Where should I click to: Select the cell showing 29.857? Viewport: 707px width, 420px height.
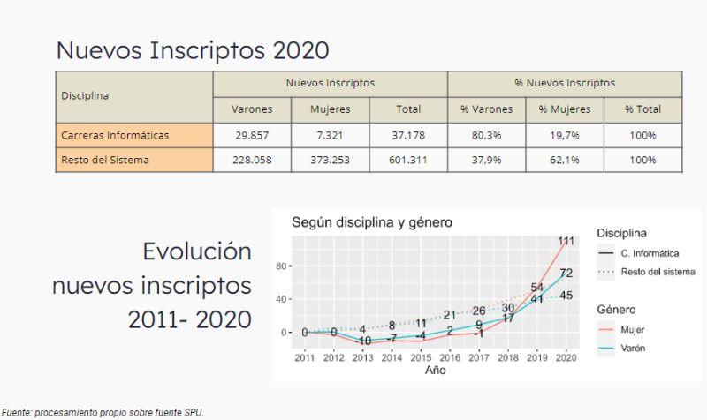point(252,135)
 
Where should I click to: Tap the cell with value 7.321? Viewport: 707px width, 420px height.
point(331,135)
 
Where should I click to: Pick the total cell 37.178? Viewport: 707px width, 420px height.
point(408,135)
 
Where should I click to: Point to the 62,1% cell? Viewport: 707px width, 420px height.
point(565,160)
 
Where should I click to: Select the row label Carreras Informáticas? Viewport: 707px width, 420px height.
point(115,135)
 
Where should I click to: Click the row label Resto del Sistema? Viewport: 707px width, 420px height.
point(105,160)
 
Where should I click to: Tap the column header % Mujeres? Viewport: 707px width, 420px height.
point(565,109)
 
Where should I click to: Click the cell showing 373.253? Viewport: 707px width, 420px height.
point(331,160)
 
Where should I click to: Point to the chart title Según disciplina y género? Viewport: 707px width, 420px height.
point(372,223)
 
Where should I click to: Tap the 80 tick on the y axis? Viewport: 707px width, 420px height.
point(282,266)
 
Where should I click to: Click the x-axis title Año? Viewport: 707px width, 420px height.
point(434,371)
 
